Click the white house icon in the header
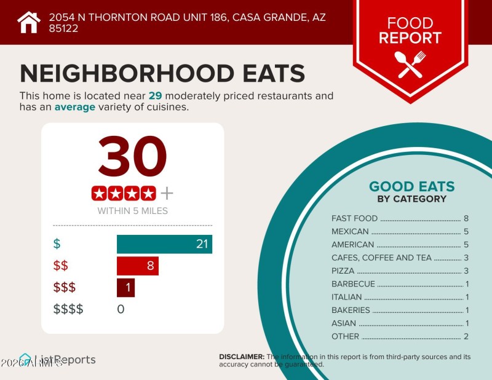click(28, 22)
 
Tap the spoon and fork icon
click(410, 63)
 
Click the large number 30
click(132, 158)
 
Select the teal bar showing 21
click(164, 244)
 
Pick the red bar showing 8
click(138, 266)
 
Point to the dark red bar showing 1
click(125, 287)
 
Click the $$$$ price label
click(68, 309)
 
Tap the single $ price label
click(57, 244)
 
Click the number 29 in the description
click(156, 96)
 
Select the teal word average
click(75, 107)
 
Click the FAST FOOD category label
click(354, 218)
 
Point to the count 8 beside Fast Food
click(466, 218)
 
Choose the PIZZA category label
click(343, 271)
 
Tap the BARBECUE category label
click(352, 284)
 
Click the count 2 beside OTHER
click(466, 336)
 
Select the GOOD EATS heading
click(411, 187)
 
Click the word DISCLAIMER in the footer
click(242, 357)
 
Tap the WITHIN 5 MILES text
click(132, 211)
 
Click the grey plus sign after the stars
click(167, 194)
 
